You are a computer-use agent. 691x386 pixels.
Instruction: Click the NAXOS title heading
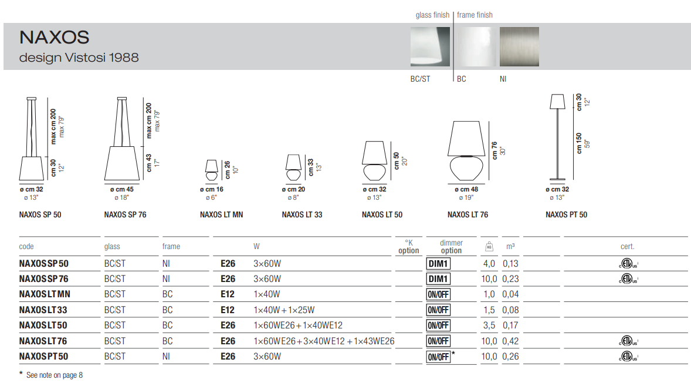(x=54, y=38)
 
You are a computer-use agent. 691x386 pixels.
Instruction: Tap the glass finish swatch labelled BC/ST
(x=430, y=47)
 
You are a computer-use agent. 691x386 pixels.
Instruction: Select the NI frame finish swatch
(x=519, y=47)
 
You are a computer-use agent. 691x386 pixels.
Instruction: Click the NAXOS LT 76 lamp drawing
(x=466, y=152)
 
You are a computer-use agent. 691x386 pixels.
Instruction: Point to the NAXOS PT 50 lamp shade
(x=557, y=102)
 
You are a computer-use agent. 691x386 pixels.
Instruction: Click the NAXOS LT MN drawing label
(x=221, y=215)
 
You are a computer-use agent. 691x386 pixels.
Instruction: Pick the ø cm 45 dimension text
(x=121, y=189)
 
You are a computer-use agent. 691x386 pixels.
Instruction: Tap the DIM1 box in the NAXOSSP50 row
(x=438, y=264)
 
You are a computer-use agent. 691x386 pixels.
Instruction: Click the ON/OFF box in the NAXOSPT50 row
(x=438, y=357)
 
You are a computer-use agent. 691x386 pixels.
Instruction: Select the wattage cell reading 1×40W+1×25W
(x=284, y=310)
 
